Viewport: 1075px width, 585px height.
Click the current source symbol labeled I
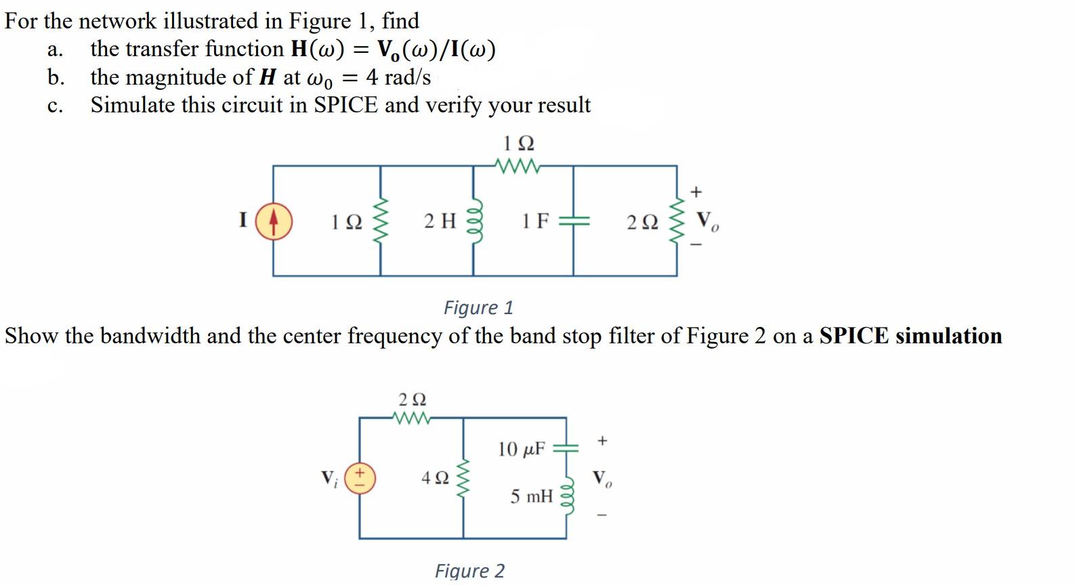point(274,222)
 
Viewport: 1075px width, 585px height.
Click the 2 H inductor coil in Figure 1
point(473,221)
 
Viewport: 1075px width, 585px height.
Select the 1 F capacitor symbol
point(574,221)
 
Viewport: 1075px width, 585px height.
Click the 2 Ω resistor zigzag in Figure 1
point(677,221)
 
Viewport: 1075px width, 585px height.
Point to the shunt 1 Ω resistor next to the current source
point(380,221)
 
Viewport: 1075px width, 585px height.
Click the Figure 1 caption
point(478,307)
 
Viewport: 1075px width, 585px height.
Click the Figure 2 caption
point(469,571)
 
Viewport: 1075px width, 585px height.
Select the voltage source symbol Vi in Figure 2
point(360,478)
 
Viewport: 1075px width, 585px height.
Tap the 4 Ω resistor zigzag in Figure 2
point(464,478)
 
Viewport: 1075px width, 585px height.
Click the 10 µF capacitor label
point(521,449)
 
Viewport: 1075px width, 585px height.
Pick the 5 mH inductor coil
point(567,498)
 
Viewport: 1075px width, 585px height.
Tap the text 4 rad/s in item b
point(398,77)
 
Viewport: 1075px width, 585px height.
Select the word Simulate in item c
point(130,105)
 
